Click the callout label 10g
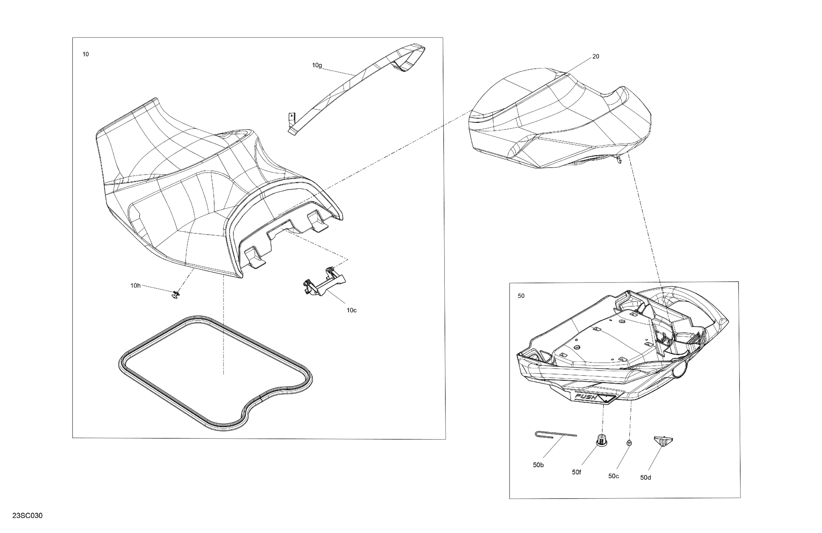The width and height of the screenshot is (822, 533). point(317,65)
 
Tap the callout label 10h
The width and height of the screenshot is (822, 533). point(135,286)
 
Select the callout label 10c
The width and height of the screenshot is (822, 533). point(352,310)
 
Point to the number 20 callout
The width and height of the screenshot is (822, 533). point(596,56)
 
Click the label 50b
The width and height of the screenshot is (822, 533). point(538,465)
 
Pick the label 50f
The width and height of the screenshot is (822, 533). point(577,472)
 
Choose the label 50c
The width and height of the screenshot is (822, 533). point(614,476)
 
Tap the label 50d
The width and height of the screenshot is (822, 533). point(645,478)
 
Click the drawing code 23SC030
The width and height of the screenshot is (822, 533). point(27,516)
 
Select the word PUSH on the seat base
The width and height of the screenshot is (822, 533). point(586,397)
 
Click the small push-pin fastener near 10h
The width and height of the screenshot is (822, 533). point(176,294)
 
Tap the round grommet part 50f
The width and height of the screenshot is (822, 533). point(602,440)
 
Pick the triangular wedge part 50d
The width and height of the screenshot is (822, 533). point(663,441)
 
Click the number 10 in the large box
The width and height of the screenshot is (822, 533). point(86,54)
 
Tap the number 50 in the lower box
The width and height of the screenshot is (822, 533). point(521,296)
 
